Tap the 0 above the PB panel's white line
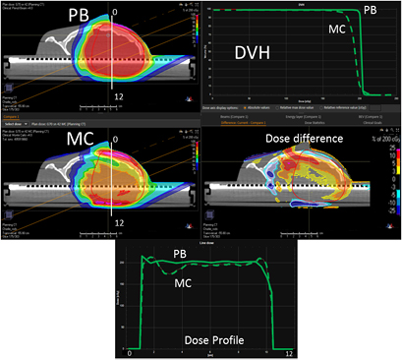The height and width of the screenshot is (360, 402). tap(115, 14)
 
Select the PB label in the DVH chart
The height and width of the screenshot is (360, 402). tap(369, 12)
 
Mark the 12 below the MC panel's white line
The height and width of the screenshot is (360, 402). tap(117, 223)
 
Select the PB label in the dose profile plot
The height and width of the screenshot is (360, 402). tap(182, 255)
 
